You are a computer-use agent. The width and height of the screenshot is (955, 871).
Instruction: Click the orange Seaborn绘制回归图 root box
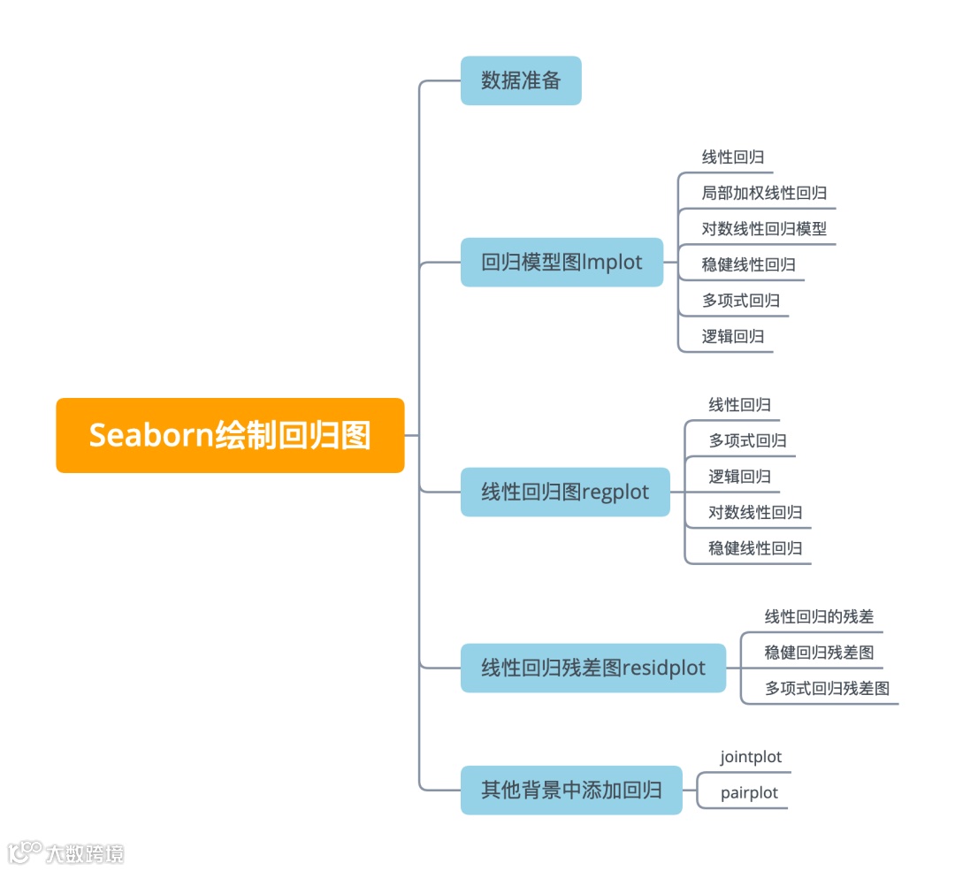pyautogui.click(x=230, y=435)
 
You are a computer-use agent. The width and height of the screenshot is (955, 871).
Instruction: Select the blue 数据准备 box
pyautogui.click(x=521, y=80)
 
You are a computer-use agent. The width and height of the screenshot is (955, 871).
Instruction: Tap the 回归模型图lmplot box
pyautogui.click(x=562, y=262)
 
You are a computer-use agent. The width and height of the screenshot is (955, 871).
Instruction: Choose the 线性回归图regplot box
pyautogui.click(x=565, y=492)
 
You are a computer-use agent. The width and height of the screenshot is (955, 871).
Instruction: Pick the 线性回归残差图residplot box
pyautogui.click(x=593, y=668)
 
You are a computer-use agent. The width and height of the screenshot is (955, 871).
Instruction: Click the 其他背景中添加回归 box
pyautogui.click(x=571, y=790)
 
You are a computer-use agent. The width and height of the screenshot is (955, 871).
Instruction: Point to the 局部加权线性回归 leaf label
pyautogui.click(x=764, y=193)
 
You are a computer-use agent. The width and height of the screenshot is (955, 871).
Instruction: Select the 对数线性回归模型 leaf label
pyautogui.click(x=764, y=228)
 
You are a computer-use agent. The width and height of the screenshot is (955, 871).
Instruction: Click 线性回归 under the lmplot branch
pyautogui.click(x=733, y=157)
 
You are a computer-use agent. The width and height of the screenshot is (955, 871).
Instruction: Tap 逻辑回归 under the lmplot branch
pyautogui.click(x=733, y=336)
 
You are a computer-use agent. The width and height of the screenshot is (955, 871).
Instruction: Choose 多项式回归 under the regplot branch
pyautogui.click(x=747, y=440)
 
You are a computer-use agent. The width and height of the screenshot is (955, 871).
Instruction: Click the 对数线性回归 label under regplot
pyautogui.click(x=755, y=512)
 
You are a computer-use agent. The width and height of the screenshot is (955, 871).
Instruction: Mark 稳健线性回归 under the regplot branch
pyautogui.click(x=755, y=548)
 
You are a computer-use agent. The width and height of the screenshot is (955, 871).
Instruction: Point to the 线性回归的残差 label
pyautogui.click(x=819, y=616)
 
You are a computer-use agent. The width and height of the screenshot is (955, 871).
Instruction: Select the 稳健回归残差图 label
pyautogui.click(x=819, y=653)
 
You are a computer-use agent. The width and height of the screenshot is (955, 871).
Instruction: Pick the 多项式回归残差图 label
pyautogui.click(x=827, y=688)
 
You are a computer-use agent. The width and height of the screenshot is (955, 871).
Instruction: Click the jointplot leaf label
pyautogui.click(x=751, y=757)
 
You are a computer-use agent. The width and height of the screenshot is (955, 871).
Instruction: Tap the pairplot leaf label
pyautogui.click(x=749, y=792)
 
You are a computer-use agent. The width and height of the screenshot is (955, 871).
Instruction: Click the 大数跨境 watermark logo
pyautogui.click(x=66, y=852)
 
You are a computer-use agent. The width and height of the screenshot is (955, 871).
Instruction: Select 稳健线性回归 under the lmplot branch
pyautogui.click(x=748, y=264)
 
